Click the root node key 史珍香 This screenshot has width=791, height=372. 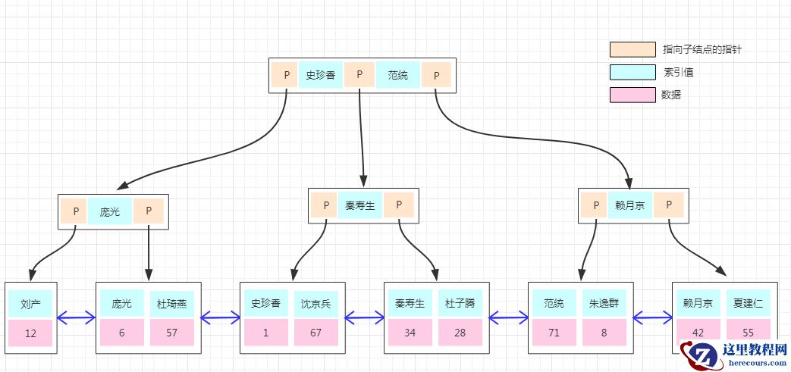320,75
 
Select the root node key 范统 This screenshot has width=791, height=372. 398,75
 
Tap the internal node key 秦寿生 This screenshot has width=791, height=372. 360,205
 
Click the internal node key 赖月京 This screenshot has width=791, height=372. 629,205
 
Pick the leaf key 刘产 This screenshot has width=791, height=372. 30,304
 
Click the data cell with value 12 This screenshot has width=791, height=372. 30,333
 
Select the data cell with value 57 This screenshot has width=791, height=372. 172,333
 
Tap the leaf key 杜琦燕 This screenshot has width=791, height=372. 172,304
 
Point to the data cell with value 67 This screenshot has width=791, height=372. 315,333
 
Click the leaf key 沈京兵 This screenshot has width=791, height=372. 315,304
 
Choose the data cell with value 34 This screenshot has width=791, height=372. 410,333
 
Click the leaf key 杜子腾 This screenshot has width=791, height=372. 460,304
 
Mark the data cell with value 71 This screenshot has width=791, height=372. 554,333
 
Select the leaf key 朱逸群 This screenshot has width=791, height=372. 603,304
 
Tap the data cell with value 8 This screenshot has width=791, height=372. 603,333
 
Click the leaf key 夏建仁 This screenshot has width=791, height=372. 748,304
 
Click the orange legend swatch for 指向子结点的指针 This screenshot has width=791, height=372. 632,49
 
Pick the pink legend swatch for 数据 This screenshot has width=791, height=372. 632,95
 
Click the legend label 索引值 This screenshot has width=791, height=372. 678,73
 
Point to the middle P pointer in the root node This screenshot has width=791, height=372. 359,75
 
